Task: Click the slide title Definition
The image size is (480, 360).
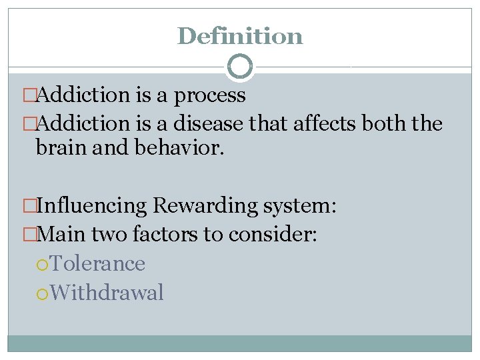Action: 240,35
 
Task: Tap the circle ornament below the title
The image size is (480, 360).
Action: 240,67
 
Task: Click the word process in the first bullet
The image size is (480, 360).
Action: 209,96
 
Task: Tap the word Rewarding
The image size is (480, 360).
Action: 204,205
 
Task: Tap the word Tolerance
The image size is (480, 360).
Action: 97,263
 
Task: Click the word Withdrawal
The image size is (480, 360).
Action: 106,293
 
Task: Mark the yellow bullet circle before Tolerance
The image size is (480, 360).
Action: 42,264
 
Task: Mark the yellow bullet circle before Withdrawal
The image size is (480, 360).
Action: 42,293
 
